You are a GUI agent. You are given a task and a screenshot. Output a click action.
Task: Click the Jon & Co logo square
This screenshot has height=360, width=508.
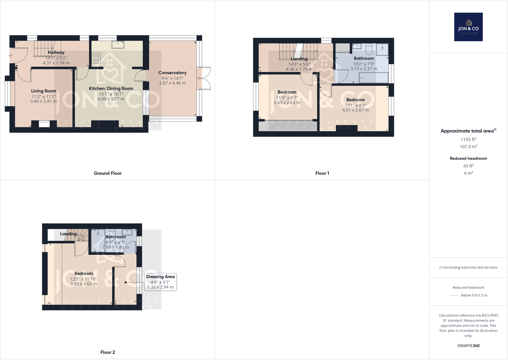click(x=468, y=27)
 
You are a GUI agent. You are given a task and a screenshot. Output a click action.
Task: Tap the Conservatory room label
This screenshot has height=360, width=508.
click(x=172, y=73)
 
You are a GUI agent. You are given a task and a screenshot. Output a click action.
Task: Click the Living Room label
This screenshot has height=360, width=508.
click(x=43, y=91)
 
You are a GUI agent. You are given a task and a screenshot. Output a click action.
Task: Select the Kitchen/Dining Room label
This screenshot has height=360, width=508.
click(x=111, y=88)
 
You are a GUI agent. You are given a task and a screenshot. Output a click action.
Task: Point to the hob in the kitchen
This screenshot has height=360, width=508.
click(x=96, y=58)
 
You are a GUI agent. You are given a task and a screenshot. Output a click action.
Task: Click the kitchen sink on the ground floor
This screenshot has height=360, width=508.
click(x=118, y=44)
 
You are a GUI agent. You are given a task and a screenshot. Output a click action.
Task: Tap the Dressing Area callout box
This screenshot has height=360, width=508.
click(x=160, y=282)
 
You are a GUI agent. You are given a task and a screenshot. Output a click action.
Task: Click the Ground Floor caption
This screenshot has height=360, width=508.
click(x=108, y=173)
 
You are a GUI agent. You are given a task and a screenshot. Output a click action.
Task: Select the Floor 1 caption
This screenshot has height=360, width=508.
click(x=322, y=173)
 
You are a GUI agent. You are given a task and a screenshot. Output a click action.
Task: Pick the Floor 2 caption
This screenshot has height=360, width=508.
click(x=108, y=352)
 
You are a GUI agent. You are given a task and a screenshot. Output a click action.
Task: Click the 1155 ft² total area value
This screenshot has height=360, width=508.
click(x=468, y=139)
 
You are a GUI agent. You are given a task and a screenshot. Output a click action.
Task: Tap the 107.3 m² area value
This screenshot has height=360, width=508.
click(x=468, y=147)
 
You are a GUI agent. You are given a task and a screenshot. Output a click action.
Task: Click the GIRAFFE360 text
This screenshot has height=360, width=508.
click(x=468, y=346)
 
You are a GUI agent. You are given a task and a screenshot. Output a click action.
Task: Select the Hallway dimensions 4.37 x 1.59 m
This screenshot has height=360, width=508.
click(x=56, y=63)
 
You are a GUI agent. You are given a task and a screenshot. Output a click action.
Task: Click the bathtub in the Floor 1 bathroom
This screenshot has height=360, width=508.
click(x=373, y=78)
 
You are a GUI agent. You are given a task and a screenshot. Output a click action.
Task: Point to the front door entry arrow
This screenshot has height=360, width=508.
click(x=10, y=56)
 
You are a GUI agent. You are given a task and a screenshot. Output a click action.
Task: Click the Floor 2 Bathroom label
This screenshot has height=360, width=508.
click(x=116, y=237)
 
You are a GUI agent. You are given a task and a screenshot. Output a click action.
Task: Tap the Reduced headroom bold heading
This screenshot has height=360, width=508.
click(x=468, y=158)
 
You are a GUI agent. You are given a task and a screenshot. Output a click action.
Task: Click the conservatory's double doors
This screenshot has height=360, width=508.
click(x=204, y=78)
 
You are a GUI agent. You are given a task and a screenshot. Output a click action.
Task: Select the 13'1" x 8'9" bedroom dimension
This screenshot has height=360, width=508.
click(x=356, y=105)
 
